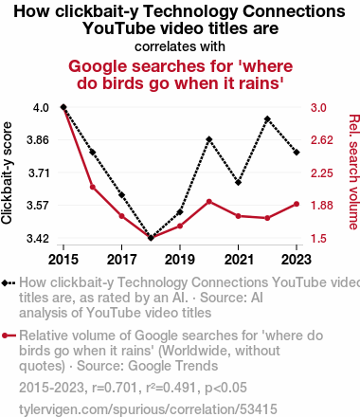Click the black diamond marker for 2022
pyautogui.click(x=267, y=119)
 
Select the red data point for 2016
pyautogui.click(x=93, y=187)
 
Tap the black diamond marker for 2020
pyautogui.click(x=209, y=139)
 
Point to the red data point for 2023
pyautogui.click(x=297, y=204)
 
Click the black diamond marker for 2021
pyautogui.click(x=239, y=182)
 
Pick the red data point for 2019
pyautogui.click(x=180, y=226)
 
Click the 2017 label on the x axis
pyautogui.click(x=121, y=260)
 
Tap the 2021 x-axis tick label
pyautogui.click(x=239, y=260)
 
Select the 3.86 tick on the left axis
pyautogui.click(x=38, y=140)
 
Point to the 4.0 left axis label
pyautogui.click(x=41, y=108)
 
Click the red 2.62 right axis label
pyautogui.click(x=322, y=140)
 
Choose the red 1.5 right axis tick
pyautogui.click(x=318, y=238)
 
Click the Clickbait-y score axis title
pyautogui.click(x=7, y=173)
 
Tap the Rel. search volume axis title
pyautogui.click(x=354, y=172)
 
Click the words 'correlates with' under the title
pyautogui.click(x=180, y=46)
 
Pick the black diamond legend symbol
pyautogui.click(x=9, y=282)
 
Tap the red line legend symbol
pyautogui.click(x=9, y=335)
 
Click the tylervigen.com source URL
pyautogui.click(x=148, y=409)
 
